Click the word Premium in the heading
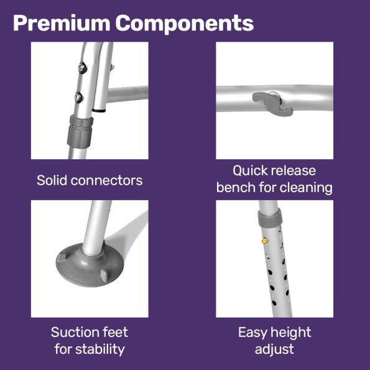[62, 24]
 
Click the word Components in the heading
[185, 23]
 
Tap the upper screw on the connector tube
[82, 68]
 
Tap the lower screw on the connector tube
[79, 98]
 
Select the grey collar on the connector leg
[80, 132]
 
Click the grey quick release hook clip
[273, 103]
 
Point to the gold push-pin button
[265, 241]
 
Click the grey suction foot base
[90, 266]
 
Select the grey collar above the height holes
[270, 217]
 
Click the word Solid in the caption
[52, 180]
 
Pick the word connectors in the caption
[106, 181]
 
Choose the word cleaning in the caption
[306, 188]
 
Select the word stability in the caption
[100, 349]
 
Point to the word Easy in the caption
[252, 333]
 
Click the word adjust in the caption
[274, 349]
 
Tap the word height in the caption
[291, 333]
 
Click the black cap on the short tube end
[99, 110]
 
